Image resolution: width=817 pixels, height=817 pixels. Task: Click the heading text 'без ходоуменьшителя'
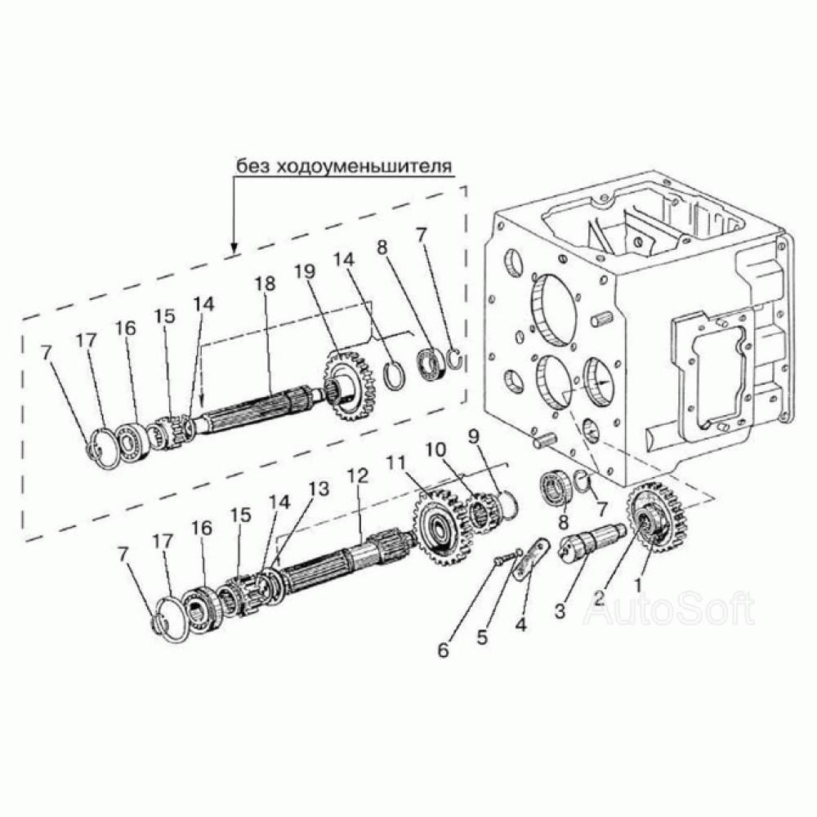[x=344, y=167]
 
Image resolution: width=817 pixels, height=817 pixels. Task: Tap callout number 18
[x=265, y=284]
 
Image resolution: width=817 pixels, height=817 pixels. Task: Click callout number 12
[x=358, y=475]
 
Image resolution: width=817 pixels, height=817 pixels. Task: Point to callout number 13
[x=319, y=489]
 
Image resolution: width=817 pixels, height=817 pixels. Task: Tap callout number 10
[x=436, y=449]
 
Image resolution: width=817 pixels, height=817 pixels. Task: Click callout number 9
[x=473, y=435]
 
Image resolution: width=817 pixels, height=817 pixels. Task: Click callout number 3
[x=560, y=610]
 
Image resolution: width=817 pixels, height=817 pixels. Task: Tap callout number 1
[x=636, y=584]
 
